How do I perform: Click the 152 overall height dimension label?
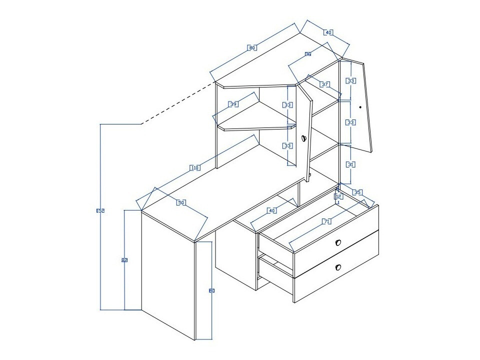[100, 211]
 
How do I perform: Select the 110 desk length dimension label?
[195, 168]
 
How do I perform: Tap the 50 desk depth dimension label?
[181, 202]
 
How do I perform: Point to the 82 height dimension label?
[124, 260]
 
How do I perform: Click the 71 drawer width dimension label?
[327, 221]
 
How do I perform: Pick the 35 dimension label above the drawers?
[357, 192]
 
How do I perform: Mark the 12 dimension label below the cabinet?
[338, 196]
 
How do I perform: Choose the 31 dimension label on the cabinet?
[351, 164]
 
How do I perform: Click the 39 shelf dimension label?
[233, 104]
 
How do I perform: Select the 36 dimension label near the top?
[308, 54]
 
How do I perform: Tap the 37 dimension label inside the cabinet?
[325, 84]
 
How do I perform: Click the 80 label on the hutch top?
[252, 48]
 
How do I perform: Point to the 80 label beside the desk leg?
[211, 290]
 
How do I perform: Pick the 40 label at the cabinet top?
[328, 32]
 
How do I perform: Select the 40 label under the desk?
[272, 210]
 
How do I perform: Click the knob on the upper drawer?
[338, 243]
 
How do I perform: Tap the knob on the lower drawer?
[338, 267]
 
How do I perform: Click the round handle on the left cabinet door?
[303, 138]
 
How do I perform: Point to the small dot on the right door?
[360, 106]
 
